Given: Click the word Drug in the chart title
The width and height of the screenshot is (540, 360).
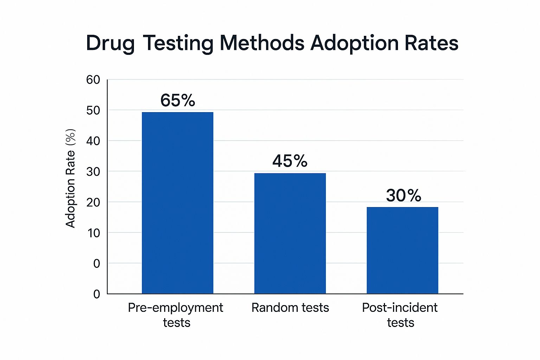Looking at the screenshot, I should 110,44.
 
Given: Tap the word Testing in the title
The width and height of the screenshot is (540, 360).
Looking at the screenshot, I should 178,44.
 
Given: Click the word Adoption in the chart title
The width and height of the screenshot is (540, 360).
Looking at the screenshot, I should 354,44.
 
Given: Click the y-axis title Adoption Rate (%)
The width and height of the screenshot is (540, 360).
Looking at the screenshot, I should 70,178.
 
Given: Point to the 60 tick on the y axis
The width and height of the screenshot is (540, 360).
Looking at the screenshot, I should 93,80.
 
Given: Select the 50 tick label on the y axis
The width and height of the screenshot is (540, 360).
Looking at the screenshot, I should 93,110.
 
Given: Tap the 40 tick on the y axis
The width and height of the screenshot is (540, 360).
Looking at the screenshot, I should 93,141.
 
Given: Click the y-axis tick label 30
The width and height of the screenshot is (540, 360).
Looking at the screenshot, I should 93,172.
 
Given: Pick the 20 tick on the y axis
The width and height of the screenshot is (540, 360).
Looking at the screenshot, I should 93,202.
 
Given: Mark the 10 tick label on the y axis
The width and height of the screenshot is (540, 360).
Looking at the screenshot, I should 94,233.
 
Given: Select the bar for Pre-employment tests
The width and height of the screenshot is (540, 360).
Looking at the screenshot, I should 178,203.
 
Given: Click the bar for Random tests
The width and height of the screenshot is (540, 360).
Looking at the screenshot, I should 290,233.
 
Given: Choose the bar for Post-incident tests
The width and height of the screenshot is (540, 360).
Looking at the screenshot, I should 403,250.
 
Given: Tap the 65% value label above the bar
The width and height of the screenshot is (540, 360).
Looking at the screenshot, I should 178,100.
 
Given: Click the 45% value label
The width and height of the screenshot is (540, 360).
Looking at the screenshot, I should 290,161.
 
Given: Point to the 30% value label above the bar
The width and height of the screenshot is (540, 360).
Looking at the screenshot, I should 403,195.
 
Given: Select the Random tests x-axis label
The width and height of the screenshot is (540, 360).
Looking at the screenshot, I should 290,308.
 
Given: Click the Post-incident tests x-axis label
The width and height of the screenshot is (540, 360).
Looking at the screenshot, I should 400,315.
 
